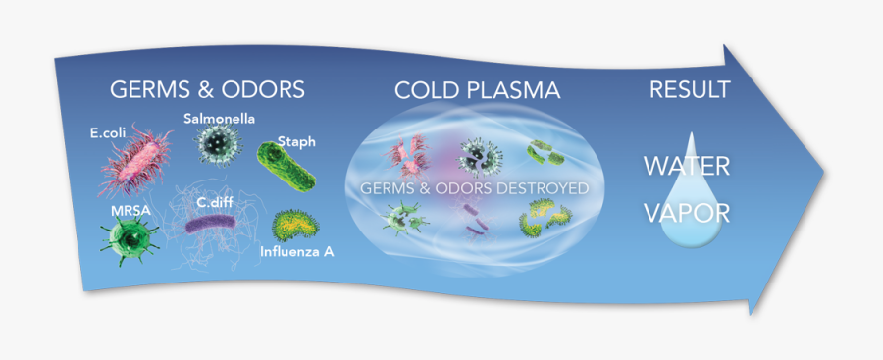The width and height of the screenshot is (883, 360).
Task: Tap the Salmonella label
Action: [x=219, y=119]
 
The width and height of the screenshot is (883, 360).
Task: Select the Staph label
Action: [x=295, y=141]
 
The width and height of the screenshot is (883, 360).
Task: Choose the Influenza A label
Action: [x=297, y=252]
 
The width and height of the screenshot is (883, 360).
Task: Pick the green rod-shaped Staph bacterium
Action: [x=286, y=168]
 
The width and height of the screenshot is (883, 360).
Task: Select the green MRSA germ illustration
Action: [x=127, y=238]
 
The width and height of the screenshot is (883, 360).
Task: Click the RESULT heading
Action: [x=690, y=90]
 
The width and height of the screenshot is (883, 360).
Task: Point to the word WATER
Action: [x=687, y=166]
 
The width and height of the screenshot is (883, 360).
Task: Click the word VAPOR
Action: [x=687, y=211]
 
